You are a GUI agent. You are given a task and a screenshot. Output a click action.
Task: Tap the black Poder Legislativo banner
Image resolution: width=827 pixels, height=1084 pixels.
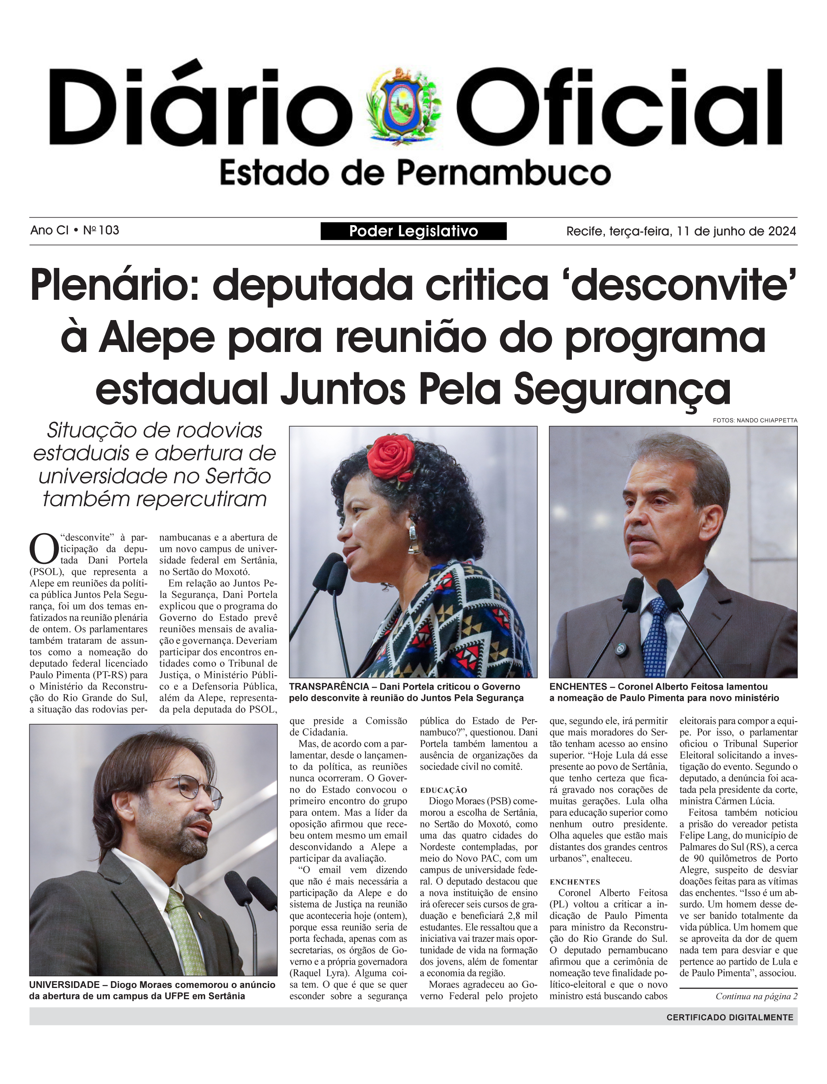[413, 231]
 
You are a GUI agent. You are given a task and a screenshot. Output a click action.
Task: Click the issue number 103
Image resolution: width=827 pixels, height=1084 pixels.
[108, 230]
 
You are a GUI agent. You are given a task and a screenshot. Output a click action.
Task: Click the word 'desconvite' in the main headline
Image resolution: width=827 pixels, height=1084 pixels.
[684, 286]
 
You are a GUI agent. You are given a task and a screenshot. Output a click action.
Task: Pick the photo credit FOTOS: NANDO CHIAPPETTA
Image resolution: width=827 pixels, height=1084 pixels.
[755, 420]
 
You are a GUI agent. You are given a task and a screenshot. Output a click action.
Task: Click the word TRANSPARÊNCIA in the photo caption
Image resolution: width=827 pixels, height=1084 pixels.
[329, 687]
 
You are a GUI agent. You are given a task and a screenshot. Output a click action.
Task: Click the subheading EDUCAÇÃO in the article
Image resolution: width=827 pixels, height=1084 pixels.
[443, 790]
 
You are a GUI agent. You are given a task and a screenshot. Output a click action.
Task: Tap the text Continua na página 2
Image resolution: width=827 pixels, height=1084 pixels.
[756, 996]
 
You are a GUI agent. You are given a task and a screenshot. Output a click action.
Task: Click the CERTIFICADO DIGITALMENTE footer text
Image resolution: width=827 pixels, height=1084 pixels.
[729, 1017]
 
